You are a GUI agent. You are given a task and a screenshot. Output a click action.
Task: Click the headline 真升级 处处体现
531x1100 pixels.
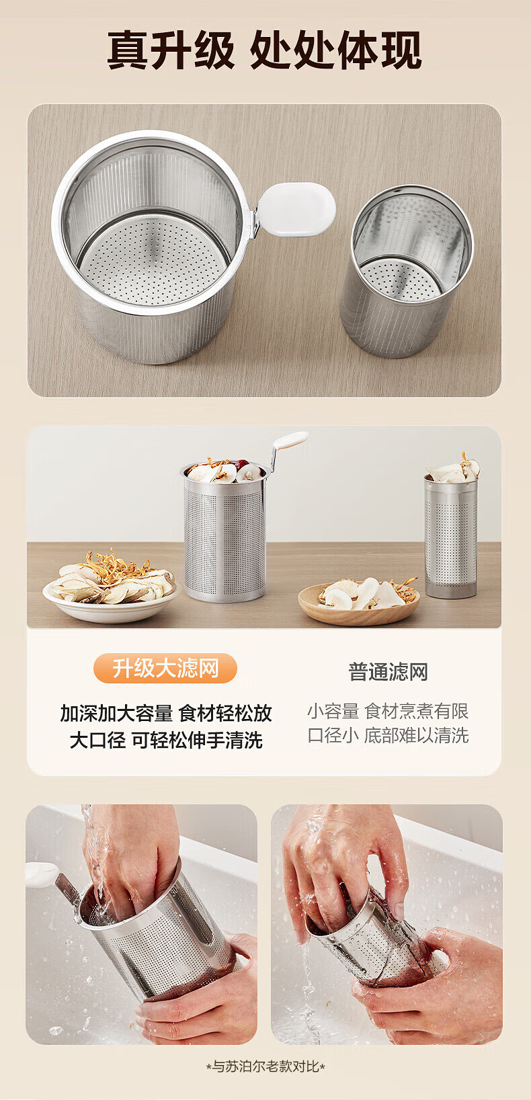coord(264,50)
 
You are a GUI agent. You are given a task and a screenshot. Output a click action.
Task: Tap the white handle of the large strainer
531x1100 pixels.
coord(296,209)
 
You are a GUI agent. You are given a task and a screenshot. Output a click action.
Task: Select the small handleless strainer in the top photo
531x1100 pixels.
coord(407,271)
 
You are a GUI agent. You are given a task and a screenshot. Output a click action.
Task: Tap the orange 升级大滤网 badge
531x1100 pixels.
coord(165,668)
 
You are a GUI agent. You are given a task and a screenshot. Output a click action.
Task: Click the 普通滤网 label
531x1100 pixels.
coord(388,672)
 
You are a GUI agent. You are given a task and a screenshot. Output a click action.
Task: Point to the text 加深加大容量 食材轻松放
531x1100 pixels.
coord(166,713)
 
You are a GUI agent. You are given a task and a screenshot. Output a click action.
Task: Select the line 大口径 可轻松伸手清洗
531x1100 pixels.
coord(166,740)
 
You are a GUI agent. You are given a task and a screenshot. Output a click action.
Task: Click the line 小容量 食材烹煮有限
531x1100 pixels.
coord(388,711)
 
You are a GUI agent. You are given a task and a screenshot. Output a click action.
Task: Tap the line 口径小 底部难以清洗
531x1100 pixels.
coord(388,735)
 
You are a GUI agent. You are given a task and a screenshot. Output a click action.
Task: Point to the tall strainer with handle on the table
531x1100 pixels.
coord(224,532)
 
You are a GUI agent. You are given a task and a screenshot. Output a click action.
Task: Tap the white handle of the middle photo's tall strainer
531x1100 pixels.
coord(291,439)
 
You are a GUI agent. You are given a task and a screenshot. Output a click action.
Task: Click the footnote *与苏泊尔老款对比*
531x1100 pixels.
coord(265,1066)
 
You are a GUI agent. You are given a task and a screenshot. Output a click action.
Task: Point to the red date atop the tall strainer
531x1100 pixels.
coord(241,464)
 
